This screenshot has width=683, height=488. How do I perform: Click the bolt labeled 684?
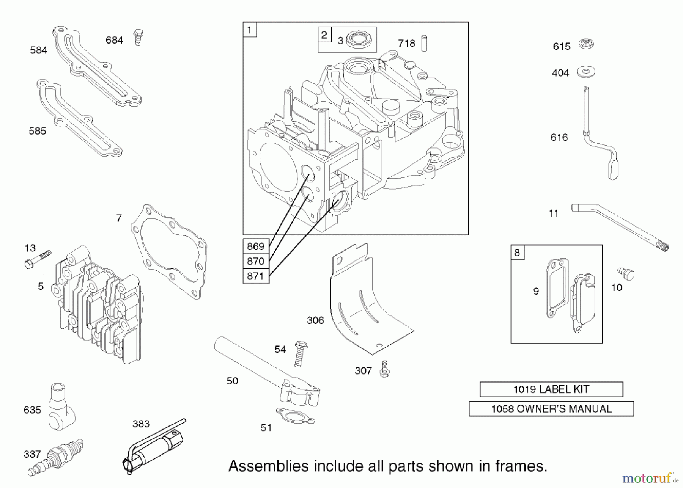pos(138,37)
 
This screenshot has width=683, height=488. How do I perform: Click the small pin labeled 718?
pos(424,43)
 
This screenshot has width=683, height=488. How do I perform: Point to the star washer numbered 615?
pos(586,44)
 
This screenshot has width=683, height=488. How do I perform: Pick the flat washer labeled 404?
pos(585,72)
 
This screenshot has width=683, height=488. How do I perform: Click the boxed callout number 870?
pos(256,261)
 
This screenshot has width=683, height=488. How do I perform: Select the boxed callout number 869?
pos(256,246)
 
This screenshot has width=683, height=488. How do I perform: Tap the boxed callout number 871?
pos(256,276)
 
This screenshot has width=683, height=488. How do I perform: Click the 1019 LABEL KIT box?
pos(551,389)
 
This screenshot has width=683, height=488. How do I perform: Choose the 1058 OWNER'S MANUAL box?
pos(551,409)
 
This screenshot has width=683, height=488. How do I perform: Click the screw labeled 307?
pos(385,369)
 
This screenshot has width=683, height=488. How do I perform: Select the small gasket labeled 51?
pos(295,416)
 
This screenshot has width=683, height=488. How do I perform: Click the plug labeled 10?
pos(626,273)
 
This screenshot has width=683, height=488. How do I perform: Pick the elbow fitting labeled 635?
pos(61,408)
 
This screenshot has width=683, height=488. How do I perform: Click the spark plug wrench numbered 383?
pos(156,447)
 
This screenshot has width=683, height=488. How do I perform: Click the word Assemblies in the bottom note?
pos(268,466)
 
